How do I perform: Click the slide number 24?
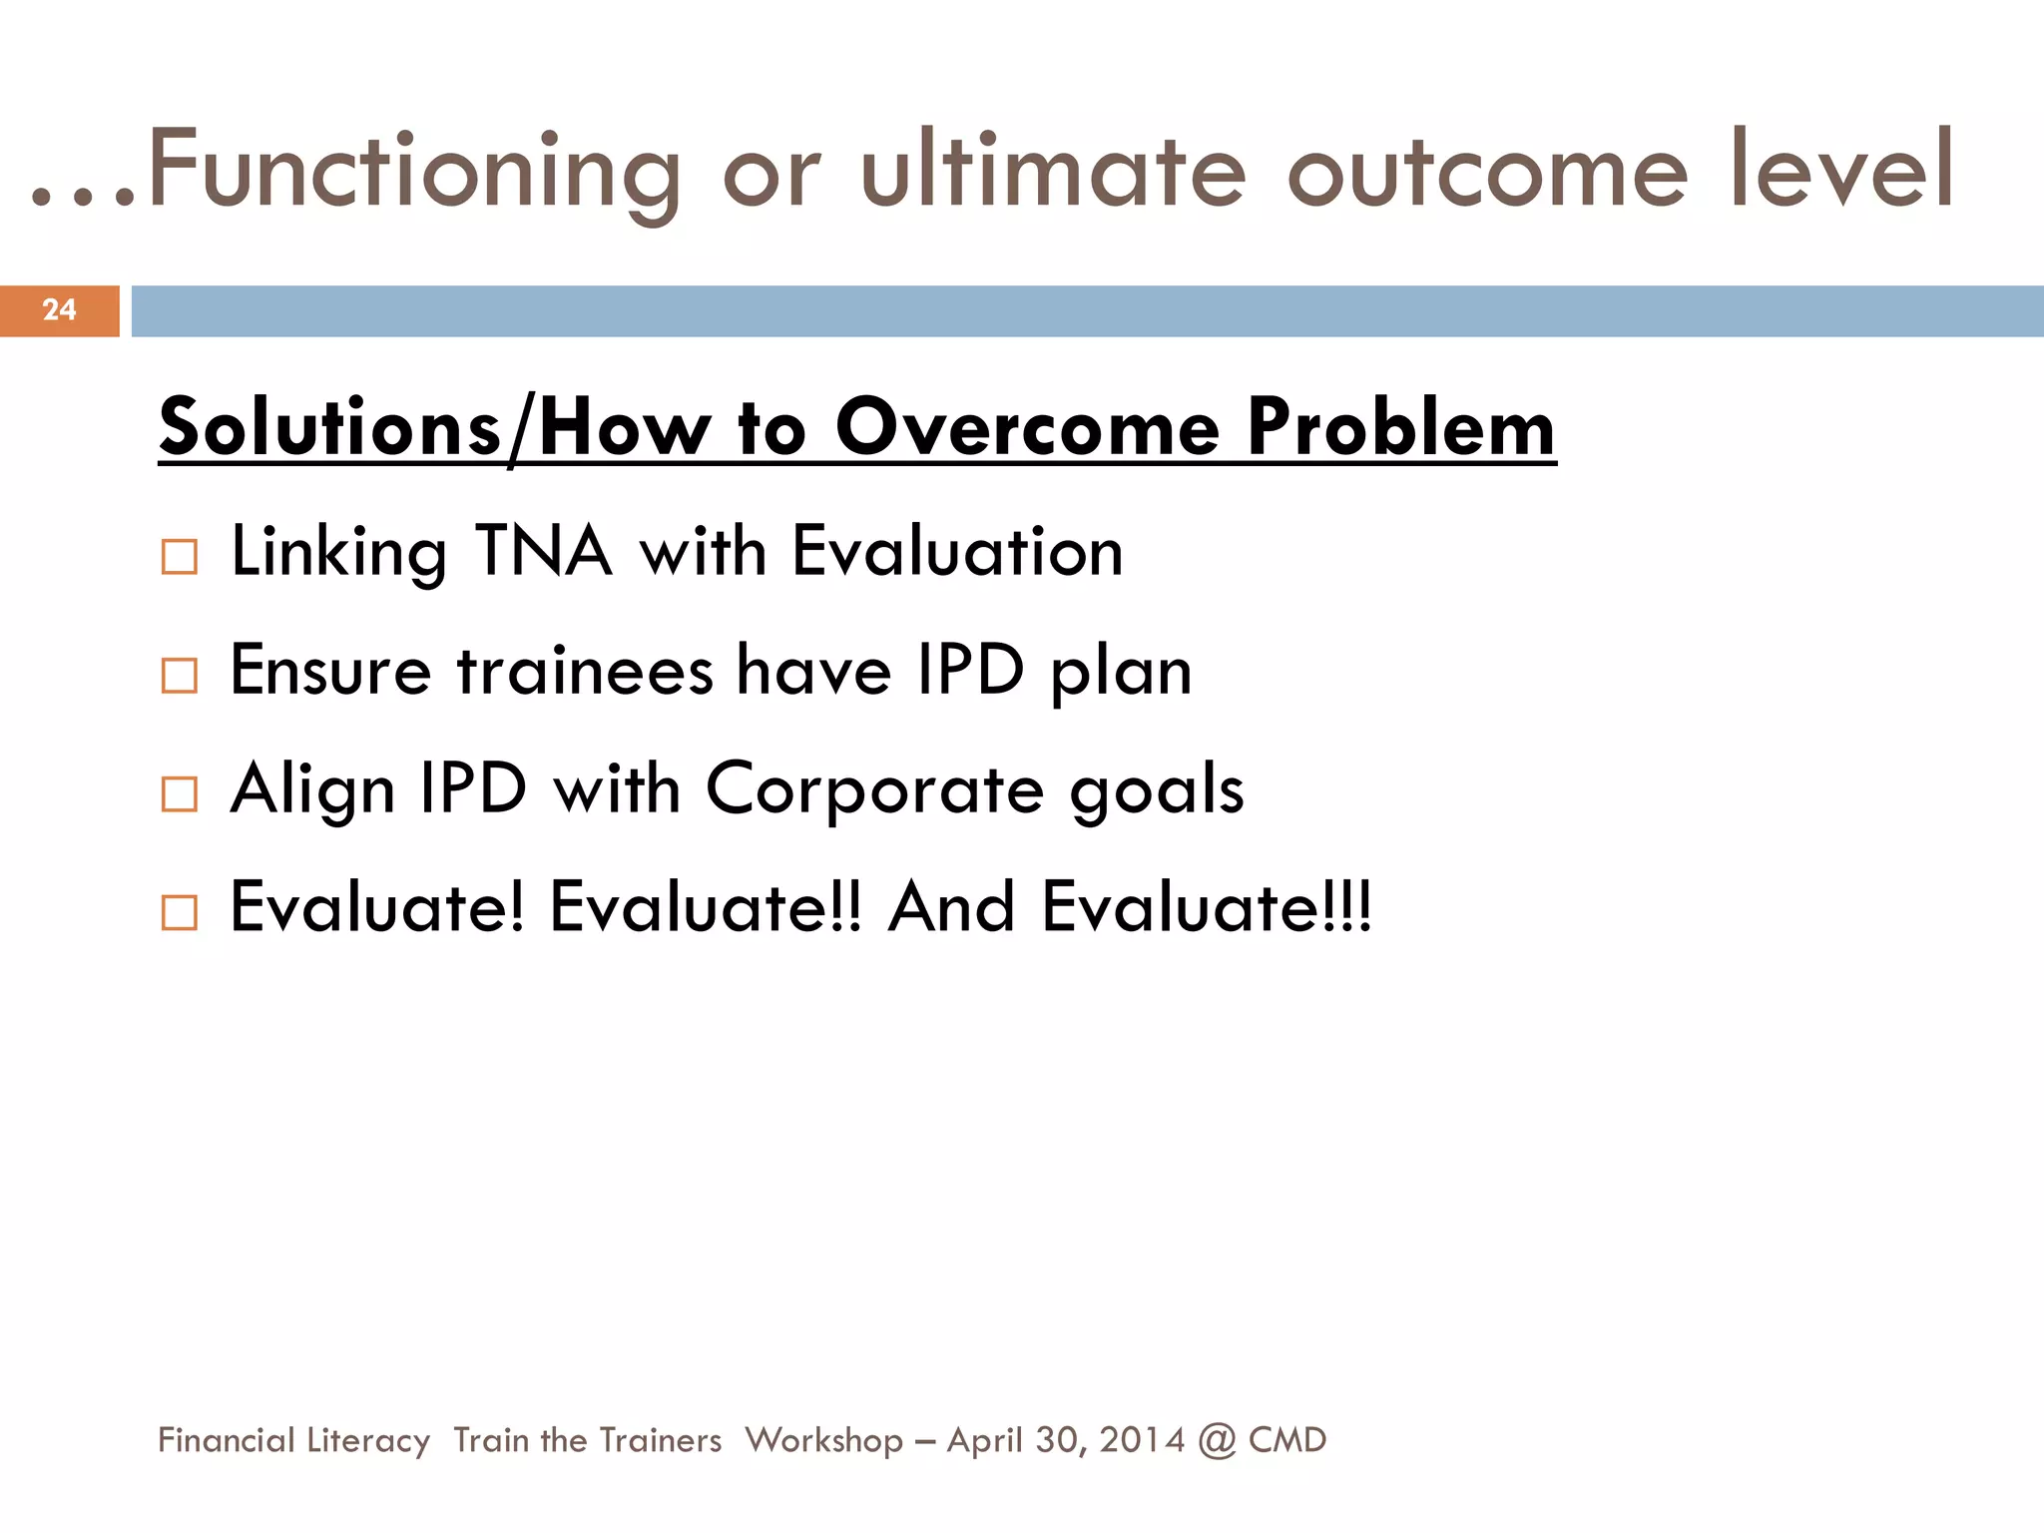pyautogui.click(x=59, y=309)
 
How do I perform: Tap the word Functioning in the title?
pyautogui.click(x=414, y=172)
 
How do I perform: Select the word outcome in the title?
pyautogui.click(x=1488, y=172)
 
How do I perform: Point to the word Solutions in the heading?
pyautogui.click(x=330, y=427)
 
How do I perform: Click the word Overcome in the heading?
pyautogui.click(x=1027, y=427)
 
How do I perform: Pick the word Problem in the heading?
pyautogui.click(x=1401, y=427)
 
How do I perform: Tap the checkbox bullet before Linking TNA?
pyautogui.click(x=180, y=557)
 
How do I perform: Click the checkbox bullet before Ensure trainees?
pyautogui.click(x=180, y=676)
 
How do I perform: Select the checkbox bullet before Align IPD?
pyautogui.click(x=180, y=794)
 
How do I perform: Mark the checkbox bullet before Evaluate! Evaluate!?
pyautogui.click(x=180, y=912)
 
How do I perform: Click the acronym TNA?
pyautogui.click(x=543, y=551)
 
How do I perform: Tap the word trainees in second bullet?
pyautogui.click(x=585, y=670)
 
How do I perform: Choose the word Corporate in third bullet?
pyautogui.click(x=875, y=788)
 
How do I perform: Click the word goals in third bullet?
pyautogui.click(x=1157, y=790)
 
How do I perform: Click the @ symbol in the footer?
pyautogui.click(x=1217, y=1440)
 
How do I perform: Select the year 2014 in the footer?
pyautogui.click(x=1142, y=1440)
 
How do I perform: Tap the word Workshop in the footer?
pyautogui.click(x=823, y=1440)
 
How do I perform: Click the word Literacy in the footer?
pyautogui.click(x=368, y=1440)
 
